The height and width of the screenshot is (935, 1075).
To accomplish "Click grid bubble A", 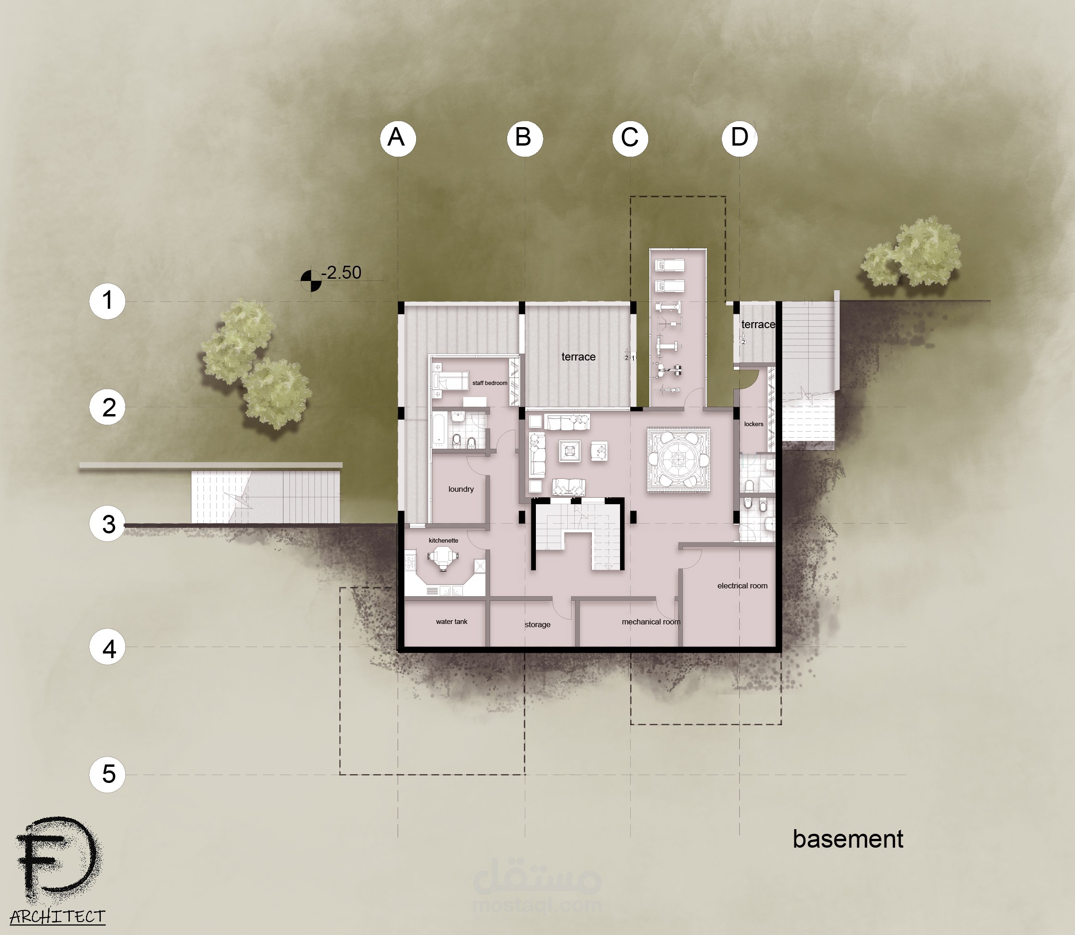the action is [x=398, y=138].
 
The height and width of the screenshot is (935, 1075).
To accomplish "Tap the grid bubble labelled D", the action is [x=739, y=138].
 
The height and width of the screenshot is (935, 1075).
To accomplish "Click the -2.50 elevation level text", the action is [x=341, y=272].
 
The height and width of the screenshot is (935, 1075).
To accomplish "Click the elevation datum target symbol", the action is [x=311, y=281].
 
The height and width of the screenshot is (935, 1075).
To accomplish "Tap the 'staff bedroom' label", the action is [x=490, y=383].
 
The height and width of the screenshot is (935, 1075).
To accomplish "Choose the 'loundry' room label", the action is [x=461, y=489].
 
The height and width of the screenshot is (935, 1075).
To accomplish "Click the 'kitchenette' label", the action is [x=443, y=541].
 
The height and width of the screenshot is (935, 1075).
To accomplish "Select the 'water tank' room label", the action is [x=452, y=622].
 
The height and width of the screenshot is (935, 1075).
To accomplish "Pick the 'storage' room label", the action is [x=537, y=624].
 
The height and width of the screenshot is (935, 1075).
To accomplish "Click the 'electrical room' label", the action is [x=743, y=586].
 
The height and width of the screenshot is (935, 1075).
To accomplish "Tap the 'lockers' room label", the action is [x=754, y=424].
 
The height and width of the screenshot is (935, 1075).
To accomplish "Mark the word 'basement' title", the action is [x=848, y=839].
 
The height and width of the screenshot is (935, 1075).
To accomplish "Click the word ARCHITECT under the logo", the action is [x=57, y=917].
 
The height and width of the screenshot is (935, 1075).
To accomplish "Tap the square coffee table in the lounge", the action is [x=569, y=451].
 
